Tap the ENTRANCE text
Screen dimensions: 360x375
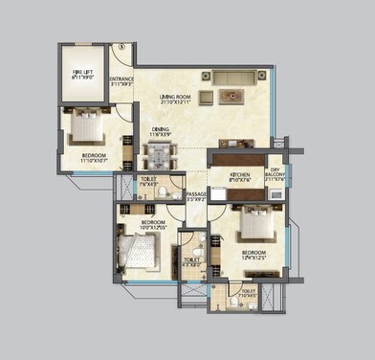click(x=121, y=81)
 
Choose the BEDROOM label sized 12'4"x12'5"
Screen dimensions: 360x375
click(x=259, y=256)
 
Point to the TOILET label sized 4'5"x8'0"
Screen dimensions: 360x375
click(x=192, y=261)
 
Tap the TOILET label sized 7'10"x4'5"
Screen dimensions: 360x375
click(x=248, y=293)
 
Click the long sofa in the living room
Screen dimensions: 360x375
click(x=234, y=77)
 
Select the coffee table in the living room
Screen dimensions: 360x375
click(x=231, y=95)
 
